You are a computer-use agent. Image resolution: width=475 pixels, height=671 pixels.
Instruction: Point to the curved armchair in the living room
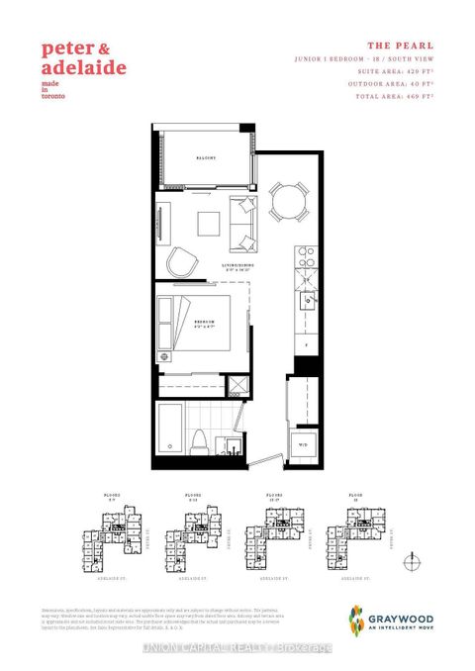(x=181, y=262)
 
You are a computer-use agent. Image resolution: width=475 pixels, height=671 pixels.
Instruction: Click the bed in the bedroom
(x=205, y=330)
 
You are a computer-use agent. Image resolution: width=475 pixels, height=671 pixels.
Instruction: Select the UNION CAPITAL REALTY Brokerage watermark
(x=237, y=648)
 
